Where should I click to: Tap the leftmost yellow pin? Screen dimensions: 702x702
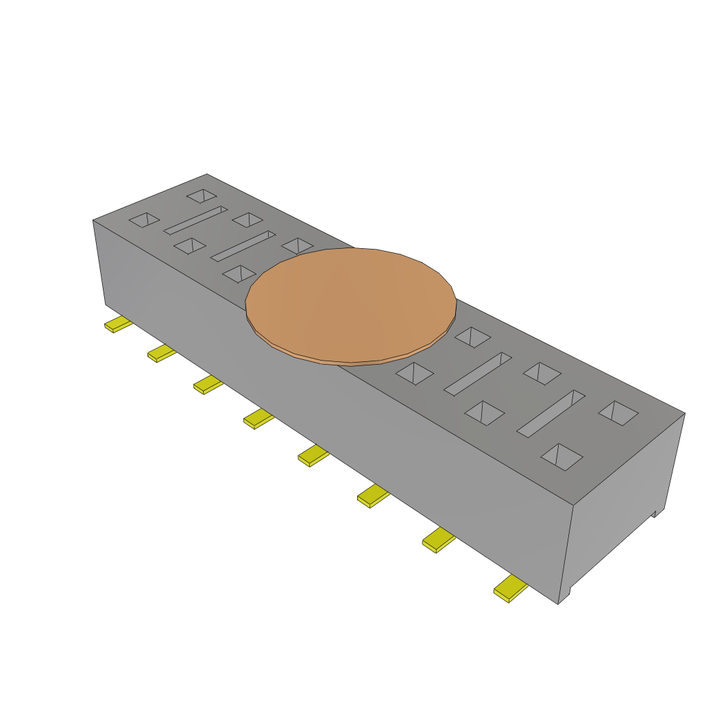tap(119, 324)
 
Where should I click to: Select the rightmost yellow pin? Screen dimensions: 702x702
tap(511, 590)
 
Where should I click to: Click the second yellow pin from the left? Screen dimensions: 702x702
tap(161, 353)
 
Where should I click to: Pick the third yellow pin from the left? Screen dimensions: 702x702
tap(208, 385)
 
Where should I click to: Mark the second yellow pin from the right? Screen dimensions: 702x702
tap(439, 541)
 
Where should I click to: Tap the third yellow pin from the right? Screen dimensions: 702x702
tap(373, 495)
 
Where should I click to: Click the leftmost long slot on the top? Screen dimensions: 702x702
tap(195, 220)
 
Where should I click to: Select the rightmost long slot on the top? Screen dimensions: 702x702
tap(550, 413)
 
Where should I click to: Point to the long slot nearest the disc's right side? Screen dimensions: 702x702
tap(478, 374)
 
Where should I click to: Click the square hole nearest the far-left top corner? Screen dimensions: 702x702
tap(202, 196)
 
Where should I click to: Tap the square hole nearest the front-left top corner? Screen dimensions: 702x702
tap(145, 220)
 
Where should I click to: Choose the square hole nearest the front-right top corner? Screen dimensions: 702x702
tap(561, 457)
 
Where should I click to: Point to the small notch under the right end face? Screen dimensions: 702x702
tap(655, 513)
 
